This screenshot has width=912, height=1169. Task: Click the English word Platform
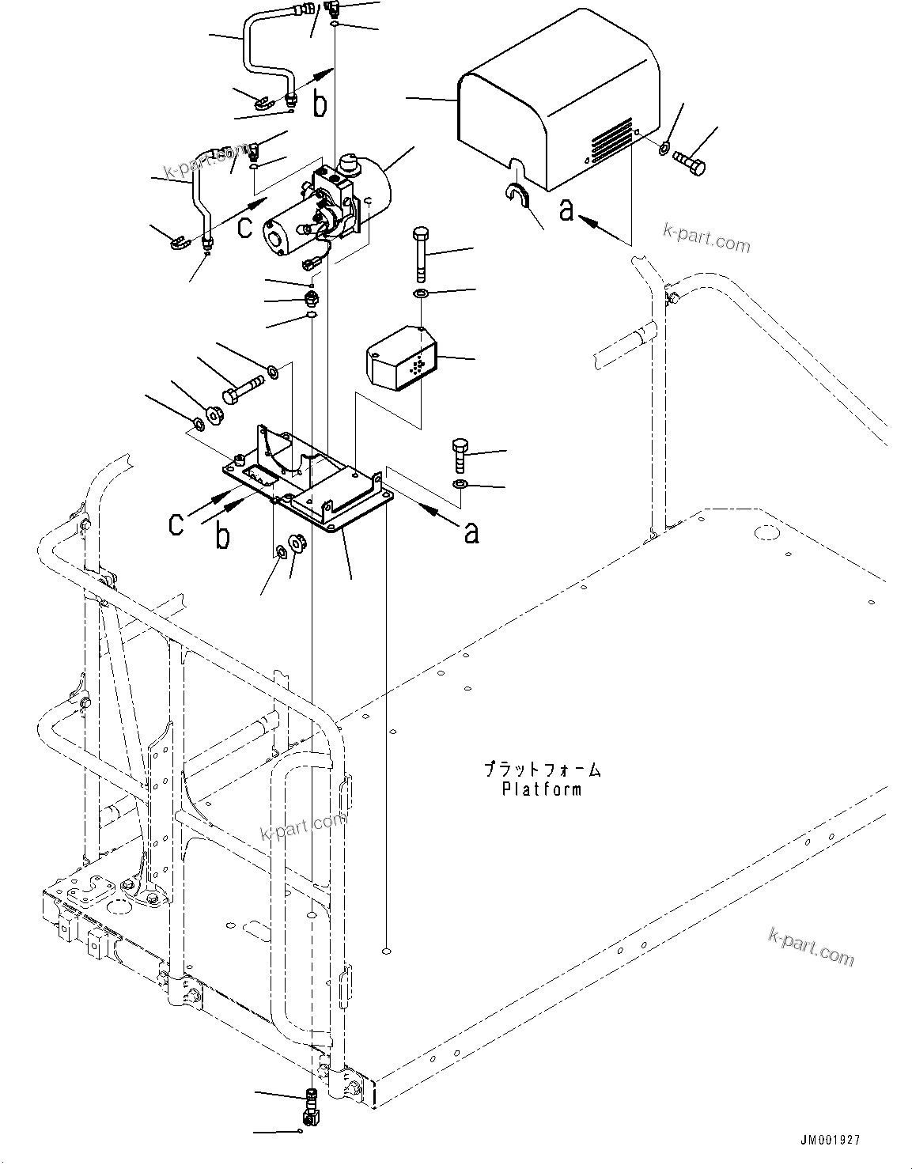click(x=542, y=789)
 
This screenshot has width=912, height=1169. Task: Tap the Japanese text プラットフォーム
click(x=542, y=769)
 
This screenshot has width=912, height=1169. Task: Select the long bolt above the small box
click(x=420, y=253)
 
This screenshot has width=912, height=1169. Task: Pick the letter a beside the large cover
click(x=566, y=210)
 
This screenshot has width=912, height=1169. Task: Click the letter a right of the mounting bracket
click(x=471, y=532)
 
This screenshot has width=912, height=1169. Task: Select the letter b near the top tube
click(x=319, y=104)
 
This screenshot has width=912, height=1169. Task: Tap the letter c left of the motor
click(x=246, y=226)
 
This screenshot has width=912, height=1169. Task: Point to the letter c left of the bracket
click(x=177, y=524)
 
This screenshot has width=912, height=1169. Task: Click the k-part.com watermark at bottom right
click(x=811, y=946)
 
